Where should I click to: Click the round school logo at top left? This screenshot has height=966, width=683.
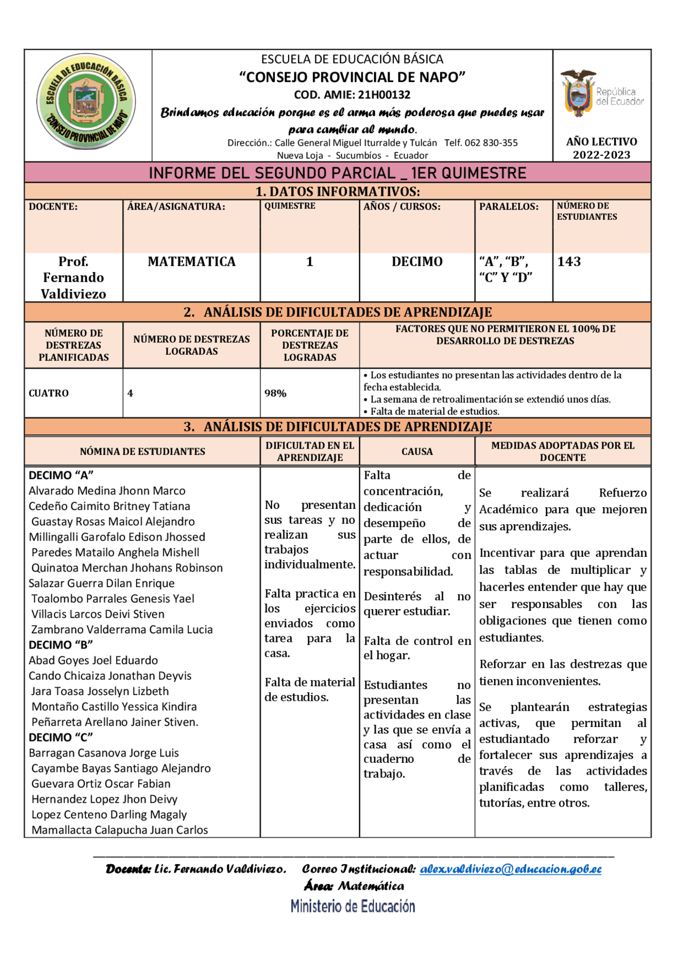point(86,102)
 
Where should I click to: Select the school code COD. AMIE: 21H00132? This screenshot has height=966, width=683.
point(352,95)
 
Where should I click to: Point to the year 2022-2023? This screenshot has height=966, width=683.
point(601,155)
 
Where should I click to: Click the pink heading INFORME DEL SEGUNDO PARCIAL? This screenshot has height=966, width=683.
point(337,173)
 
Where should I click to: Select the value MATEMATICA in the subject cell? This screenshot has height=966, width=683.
point(192,262)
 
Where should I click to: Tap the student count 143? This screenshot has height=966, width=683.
point(569,262)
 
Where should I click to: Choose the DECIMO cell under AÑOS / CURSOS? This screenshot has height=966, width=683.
point(417,262)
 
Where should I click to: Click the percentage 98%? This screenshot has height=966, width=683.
point(275,394)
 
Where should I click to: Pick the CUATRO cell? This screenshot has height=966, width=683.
point(49,394)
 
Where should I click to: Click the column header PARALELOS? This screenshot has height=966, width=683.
point(509,207)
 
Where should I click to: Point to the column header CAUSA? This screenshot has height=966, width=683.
point(417,452)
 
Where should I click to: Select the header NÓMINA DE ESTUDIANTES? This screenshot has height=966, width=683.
point(142,452)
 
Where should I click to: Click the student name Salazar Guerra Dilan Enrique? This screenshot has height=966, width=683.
point(102,584)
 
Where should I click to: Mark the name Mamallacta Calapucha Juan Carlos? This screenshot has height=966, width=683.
point(120,830)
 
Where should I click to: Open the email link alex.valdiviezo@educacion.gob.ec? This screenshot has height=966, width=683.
point(511,869)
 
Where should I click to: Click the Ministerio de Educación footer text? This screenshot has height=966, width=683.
point(353,906)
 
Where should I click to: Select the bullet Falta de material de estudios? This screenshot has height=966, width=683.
point(434,411)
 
